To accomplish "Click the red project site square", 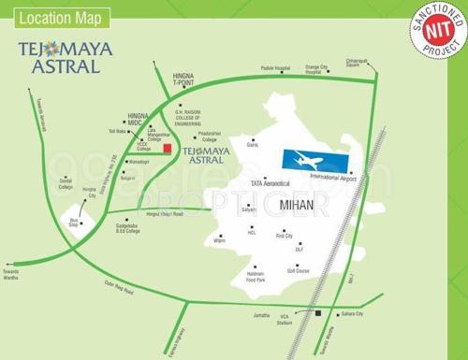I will tap(167, 149).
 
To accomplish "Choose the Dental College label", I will tap(66, 183).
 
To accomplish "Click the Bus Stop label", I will tap(73, 225).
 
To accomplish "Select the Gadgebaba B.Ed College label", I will tap(128, 227).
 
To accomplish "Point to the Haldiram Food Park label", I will tap(256, 277).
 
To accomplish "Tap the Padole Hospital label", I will tap(276, 69).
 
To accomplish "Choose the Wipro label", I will tap(220, 241).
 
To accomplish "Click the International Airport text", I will tap(333, 178).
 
